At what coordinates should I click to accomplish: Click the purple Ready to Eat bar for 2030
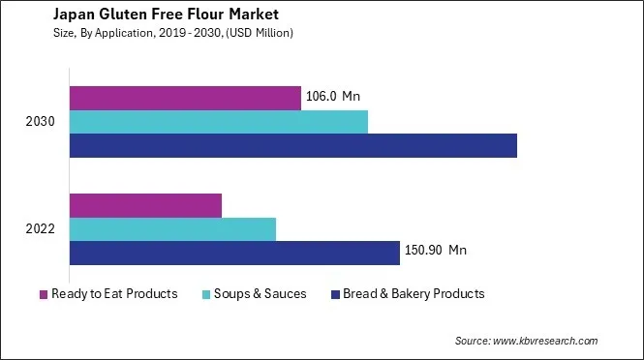(185, 97)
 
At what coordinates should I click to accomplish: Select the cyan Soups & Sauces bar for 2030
(219, 122)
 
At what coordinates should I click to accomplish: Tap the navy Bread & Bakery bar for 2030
(292, 145)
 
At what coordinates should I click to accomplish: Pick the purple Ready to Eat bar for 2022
(145, 205)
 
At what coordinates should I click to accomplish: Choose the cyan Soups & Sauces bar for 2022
(172, 229)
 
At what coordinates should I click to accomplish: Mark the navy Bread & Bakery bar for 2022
(234, 253)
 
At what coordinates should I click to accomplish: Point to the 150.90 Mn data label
(437, 251)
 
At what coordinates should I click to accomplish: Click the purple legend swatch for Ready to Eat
(44, 294)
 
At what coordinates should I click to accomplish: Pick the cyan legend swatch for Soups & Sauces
(206, 294)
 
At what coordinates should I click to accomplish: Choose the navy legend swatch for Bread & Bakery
(335, 294)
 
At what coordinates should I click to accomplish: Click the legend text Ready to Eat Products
(114, 294)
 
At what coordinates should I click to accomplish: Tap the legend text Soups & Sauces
(261, 294)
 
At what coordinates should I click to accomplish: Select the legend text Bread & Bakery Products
(414, 294)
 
